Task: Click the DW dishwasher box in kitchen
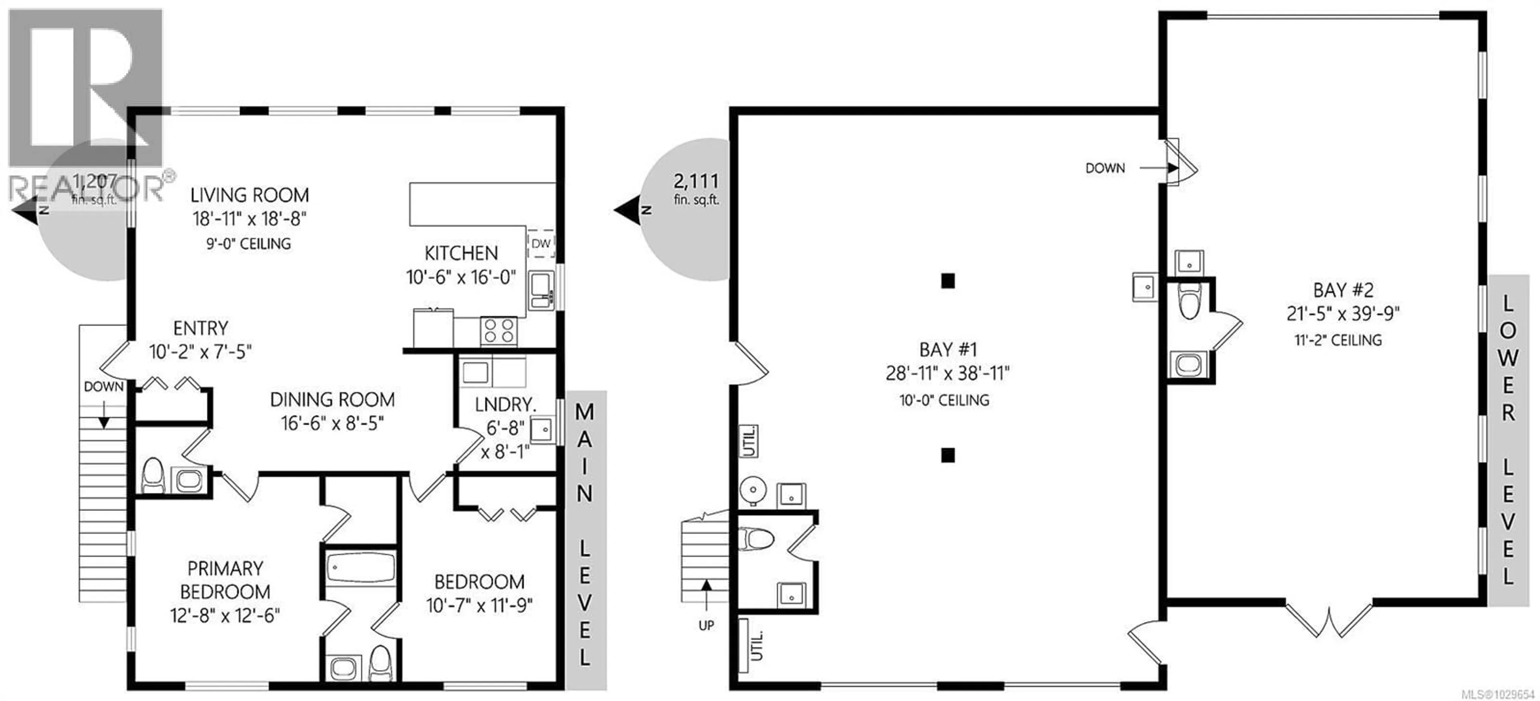pyautogui.click(x=541, y=244)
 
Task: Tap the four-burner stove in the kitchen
pyautogui.click(x=498, y=331)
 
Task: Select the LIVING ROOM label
pyautogui.click(x=249, y=195)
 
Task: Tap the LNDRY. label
pyautogui.click(x=505, y=405)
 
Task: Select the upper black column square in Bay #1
pyautogui.click(x=948, y=280)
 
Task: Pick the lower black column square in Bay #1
pyautogui.click(x=948, y=455)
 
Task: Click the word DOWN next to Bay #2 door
pyautogui.click(x=1105, y=168)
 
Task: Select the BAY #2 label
pyautogui.click(x=1343, y=290)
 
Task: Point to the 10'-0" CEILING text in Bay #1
pyautogui.click(x=944, y=400)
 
